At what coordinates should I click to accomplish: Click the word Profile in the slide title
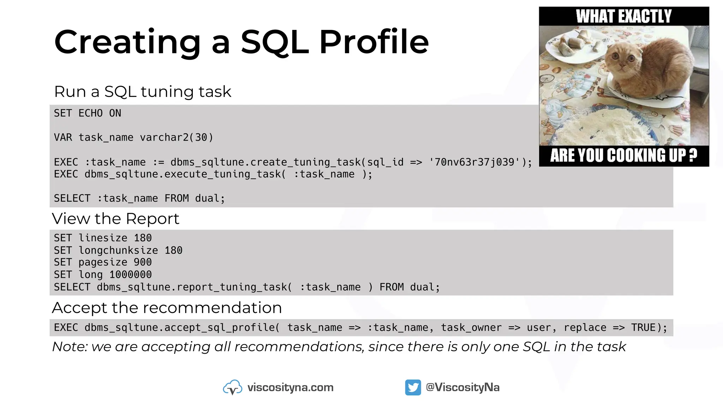374,42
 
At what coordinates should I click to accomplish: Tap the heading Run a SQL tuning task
143,92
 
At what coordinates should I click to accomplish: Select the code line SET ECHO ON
88,113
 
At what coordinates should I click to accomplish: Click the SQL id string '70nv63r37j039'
475,162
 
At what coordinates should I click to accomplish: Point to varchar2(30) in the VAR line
177,137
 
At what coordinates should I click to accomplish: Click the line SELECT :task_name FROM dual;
139,198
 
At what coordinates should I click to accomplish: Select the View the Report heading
116,219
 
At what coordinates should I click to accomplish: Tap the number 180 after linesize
143,238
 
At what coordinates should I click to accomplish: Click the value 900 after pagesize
143,262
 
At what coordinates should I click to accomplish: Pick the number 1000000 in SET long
131,275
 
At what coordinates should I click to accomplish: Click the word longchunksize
118,250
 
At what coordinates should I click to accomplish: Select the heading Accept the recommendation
167,308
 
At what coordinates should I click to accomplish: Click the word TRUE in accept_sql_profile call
643,328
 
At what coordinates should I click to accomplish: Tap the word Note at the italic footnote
69,347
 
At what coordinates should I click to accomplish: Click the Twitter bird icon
413,387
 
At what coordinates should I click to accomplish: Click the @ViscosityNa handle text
462,387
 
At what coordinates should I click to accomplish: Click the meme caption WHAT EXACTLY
624,16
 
